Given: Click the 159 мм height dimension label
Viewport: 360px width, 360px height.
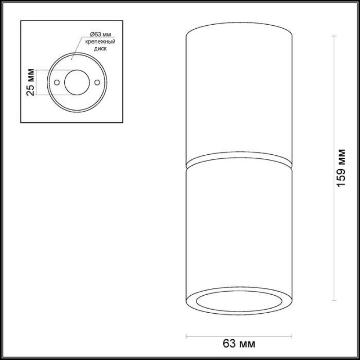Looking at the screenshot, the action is (x=341, y=168).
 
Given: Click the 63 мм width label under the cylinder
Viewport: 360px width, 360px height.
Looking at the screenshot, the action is (x=239, y=344).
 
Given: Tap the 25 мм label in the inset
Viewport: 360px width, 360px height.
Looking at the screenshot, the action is (x=31, y=82).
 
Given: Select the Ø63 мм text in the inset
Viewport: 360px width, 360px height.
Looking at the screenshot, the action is (x=100, y=35).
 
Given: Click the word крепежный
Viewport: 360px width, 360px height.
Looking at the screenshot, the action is (x=100, y=42).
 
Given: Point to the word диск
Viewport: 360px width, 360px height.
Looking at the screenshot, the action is (x=100, y=49).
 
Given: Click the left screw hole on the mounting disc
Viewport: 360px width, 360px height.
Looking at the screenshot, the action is (x=57, y=82).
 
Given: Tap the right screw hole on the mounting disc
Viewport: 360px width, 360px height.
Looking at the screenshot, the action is (x=97, y=82).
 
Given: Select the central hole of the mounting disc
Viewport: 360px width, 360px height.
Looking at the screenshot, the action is (x=77, y=82).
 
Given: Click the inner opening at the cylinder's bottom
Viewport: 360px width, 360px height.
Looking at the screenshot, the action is (x=239, y=301).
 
